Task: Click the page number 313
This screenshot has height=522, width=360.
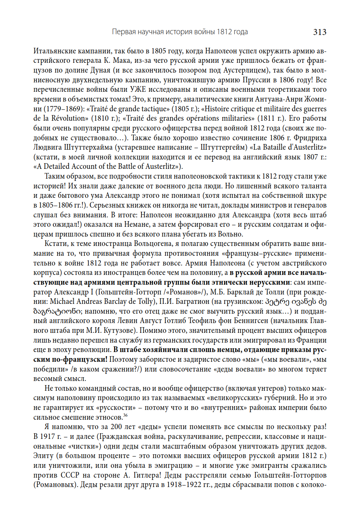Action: pyautogui.click(x=319, y=32)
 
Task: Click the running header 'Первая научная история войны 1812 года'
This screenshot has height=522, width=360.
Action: pyautogui.click(x=180, y=32)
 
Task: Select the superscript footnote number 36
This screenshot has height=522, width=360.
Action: pyautogui.click(x=125, y=416)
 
